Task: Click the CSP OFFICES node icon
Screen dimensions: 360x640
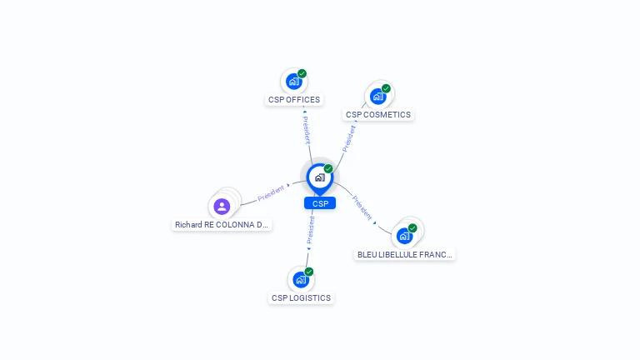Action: (293, 82)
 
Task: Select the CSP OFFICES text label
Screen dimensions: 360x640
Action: (294, 100)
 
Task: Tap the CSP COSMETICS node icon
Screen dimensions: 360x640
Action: (378, 97)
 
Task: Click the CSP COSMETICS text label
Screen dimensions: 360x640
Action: (378, 115)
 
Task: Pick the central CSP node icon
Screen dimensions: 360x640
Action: (319, 177)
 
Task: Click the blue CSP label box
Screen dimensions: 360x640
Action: (320, 203)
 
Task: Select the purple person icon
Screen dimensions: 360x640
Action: (222, 207)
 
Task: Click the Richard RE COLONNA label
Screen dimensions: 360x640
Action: (222, 225)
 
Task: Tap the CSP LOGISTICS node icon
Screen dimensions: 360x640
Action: (301, 280)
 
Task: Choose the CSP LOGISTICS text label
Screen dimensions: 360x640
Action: (301, 298)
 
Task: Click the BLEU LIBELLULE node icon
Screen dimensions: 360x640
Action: (405, 237)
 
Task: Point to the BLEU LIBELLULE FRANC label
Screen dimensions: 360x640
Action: (405, 255)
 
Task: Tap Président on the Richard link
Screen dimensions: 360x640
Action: (271, 193)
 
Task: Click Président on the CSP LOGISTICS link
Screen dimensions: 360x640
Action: (311, 230)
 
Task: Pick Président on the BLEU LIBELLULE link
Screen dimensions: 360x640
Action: (362, 207)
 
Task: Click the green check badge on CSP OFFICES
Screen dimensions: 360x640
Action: (302, 73)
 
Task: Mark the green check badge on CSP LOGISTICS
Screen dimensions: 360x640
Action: (309, 272)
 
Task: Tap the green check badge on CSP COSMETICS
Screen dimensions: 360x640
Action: (386, 88)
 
